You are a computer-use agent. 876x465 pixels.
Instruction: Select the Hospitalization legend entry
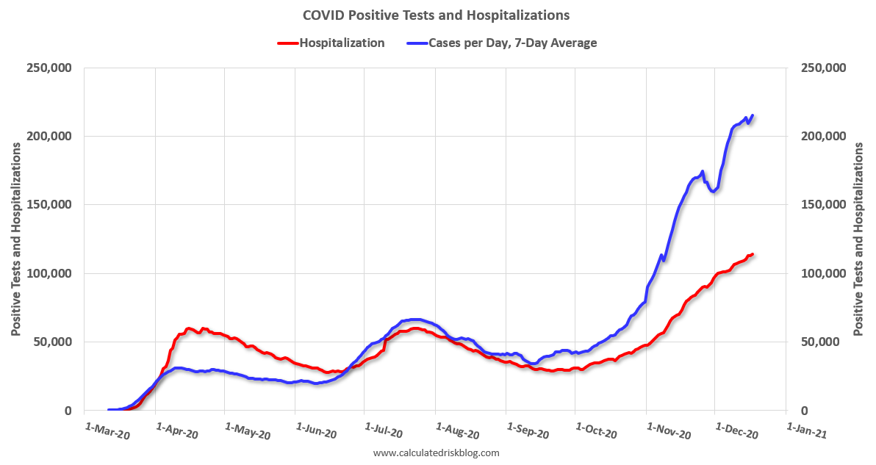click(341, 43)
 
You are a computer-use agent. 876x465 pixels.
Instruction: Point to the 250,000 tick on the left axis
click(50, 68)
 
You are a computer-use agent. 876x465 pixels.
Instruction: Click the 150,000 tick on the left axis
click(50, 205)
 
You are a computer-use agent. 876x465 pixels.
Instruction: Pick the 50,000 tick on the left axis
click(53, 342)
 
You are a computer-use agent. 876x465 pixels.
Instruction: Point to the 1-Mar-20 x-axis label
click(107, 431)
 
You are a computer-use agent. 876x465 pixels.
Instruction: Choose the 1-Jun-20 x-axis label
click(315, 431)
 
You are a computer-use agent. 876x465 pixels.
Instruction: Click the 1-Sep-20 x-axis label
click(527, 431)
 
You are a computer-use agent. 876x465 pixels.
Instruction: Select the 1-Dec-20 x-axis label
click(736, 431)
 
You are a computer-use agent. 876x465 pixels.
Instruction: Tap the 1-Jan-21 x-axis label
click(806, 431)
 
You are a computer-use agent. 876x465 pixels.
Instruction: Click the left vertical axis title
click(15, 239)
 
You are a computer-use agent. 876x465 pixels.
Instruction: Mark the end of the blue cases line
click(753, 115)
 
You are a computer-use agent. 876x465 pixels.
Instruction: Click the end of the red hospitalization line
click(753, 254)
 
